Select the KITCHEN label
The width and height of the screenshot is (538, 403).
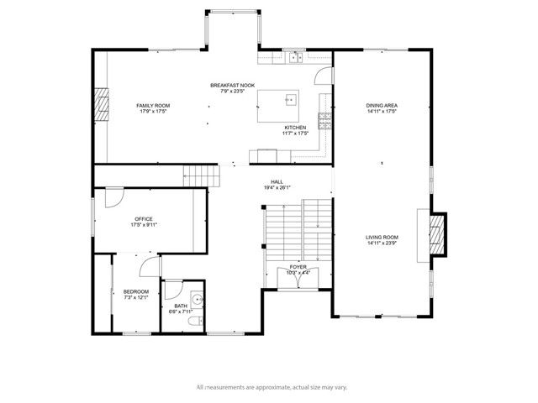tap(295, 128)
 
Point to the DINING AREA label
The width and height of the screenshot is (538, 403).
tap(382, 105)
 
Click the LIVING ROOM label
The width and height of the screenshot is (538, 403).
tap(382, 238)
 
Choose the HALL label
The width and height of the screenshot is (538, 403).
tap(277, 181)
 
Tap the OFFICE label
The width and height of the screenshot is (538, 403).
tap(143, 220)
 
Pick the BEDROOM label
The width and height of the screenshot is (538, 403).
tap(136, 291)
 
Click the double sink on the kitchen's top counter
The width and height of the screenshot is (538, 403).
tap(294, 58)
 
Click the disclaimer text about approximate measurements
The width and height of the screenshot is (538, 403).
tap(272, 387)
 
